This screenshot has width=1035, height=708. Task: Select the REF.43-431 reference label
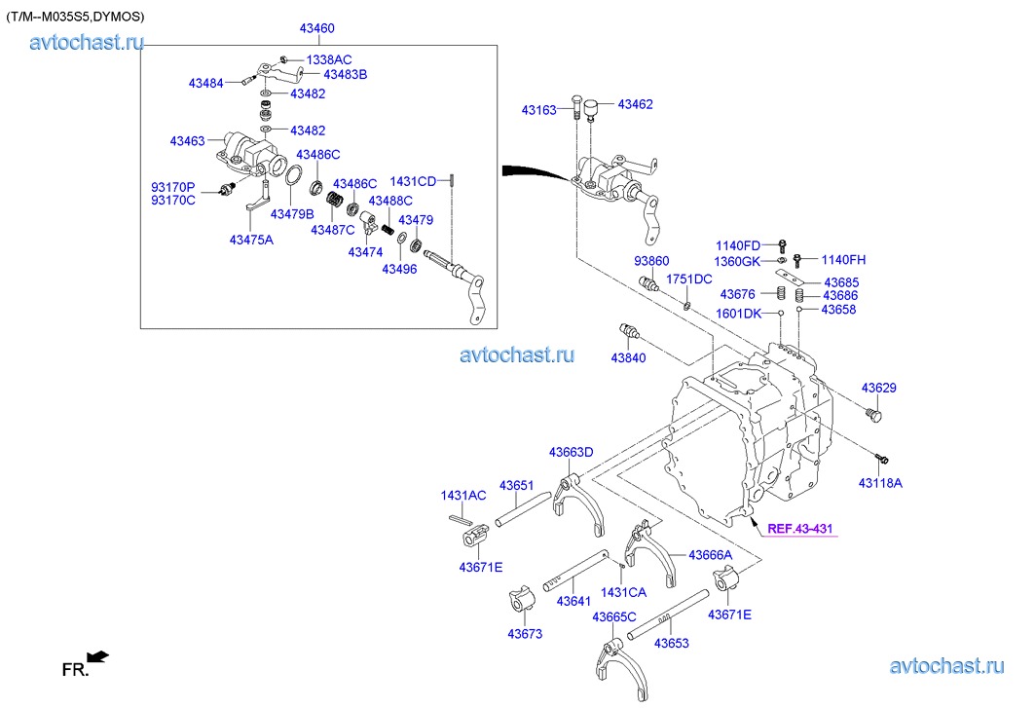click(800, 529)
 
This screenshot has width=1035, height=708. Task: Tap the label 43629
click(878, 388)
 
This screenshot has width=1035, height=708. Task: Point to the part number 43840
click(628, 358)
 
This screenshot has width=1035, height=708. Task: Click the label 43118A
click(880, 482)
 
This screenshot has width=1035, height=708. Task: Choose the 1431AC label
click(462, 496)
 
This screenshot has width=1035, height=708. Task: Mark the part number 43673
click(525, 634)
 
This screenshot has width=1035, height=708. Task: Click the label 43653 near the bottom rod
click(671, 643)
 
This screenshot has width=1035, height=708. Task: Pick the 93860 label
click(651, 261)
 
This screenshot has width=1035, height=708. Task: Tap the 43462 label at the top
click(635, 104)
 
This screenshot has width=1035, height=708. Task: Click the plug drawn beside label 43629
click(873, 416)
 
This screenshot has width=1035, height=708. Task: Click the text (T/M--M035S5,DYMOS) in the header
click(75, 16)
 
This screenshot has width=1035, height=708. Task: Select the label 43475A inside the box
click(251, 240)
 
